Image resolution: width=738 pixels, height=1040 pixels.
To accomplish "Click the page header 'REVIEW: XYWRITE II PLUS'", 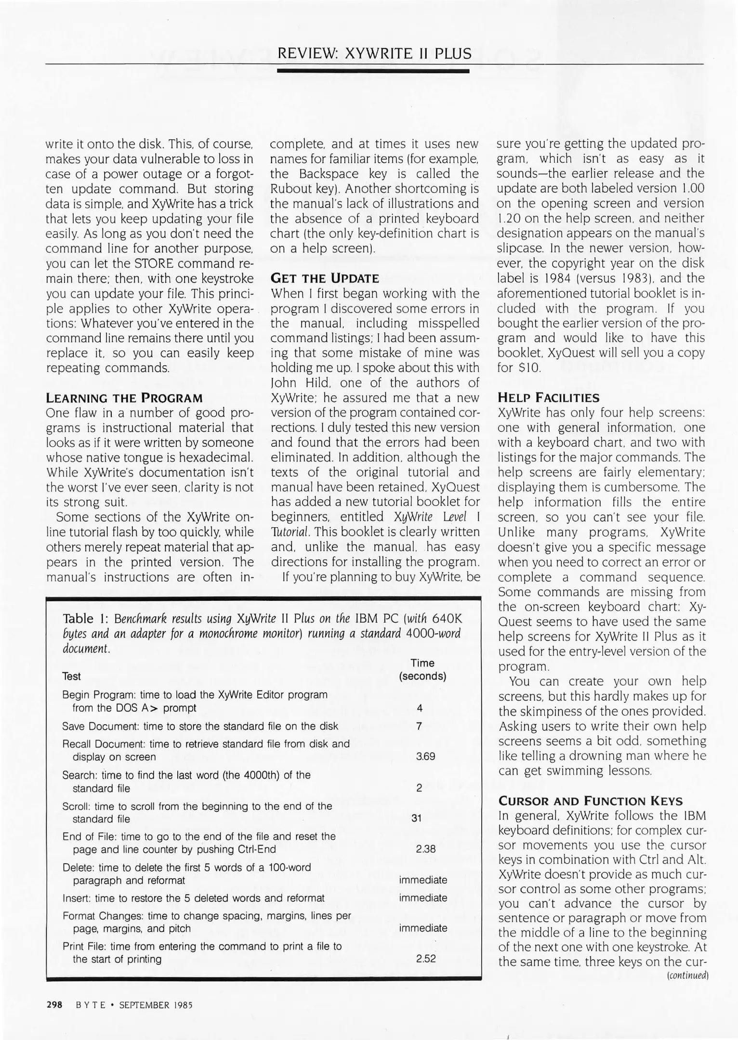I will tap(374, 53).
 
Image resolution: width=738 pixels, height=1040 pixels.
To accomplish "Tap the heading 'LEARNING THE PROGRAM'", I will tap(124, 398).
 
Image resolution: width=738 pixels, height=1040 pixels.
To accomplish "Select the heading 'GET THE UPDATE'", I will tap(325, 278).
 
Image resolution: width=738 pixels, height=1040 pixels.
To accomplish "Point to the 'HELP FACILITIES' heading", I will tap(549, 398).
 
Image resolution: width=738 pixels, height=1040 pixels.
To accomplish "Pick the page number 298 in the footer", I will tap(54, 1005).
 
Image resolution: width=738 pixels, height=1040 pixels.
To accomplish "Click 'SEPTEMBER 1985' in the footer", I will tap(156, 1005).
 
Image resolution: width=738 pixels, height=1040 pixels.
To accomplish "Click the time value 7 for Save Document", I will tap(419, 726).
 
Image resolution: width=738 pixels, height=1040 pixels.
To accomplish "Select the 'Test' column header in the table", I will tap(71, 676).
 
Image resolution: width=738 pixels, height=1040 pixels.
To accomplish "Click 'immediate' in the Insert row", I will tap(423, 898).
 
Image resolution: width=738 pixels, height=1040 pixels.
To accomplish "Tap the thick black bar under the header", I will tap(373, 71).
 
